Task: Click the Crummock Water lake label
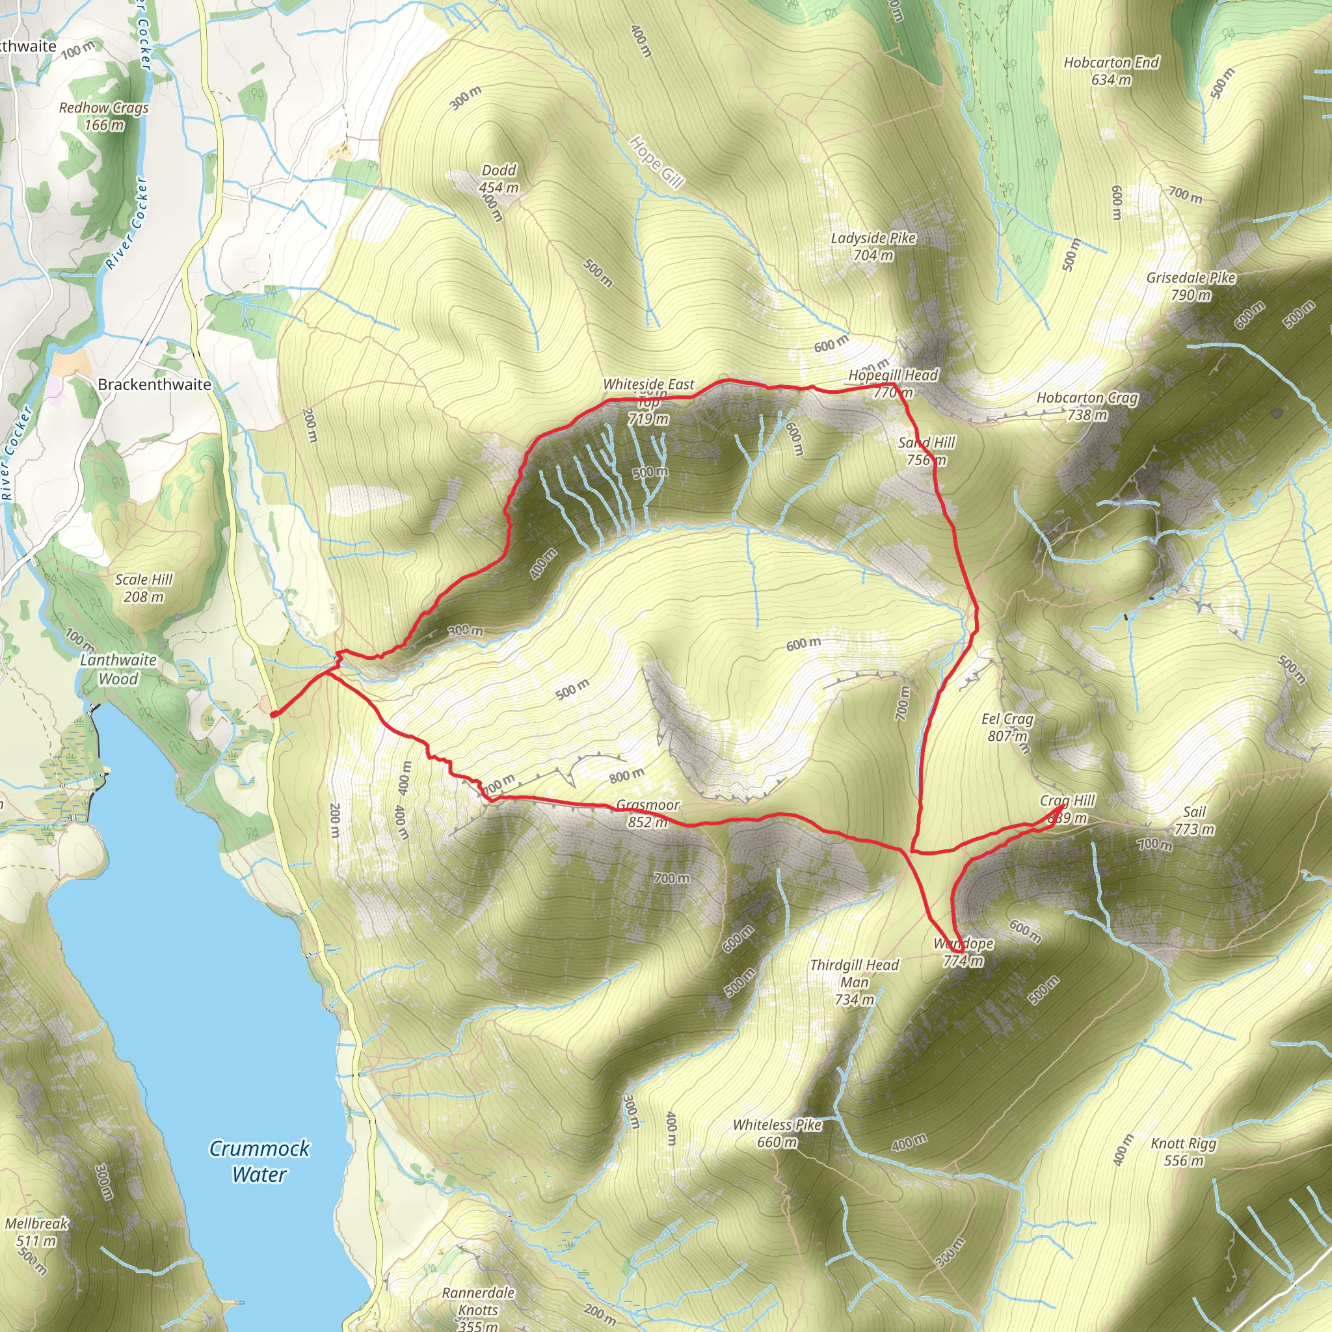260,1161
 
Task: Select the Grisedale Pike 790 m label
1191,286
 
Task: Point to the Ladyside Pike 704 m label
873,246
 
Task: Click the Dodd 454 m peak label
499,179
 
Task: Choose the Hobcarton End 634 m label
1111,71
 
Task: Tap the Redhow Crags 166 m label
104,116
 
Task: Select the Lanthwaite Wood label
118,669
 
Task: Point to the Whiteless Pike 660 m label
777,1134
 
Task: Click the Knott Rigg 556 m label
1183,1151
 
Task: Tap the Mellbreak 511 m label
36,1232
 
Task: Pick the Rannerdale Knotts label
479,1301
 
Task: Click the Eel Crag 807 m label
1007,727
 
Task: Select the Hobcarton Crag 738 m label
1087,406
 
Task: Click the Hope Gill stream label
656,161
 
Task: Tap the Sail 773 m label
1194,819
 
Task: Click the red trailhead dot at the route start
274,714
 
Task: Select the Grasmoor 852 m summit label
647,813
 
